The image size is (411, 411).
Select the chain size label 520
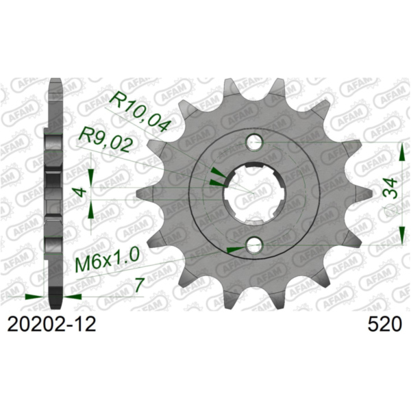tap(381, 323)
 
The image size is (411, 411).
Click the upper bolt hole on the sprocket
tap(255, 143)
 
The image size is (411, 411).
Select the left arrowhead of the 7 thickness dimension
tap(34, 297)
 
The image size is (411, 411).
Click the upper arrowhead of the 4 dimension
tap(91, 166)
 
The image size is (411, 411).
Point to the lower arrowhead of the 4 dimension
tap(91, 221)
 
